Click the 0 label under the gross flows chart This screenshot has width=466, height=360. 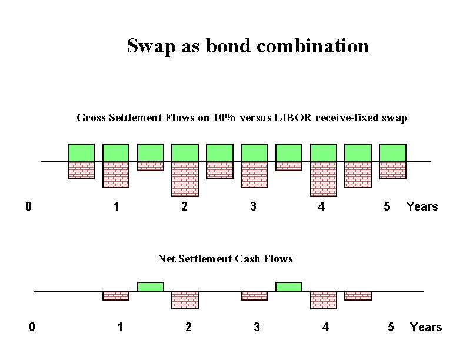[28, 206]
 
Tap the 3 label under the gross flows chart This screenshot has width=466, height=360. [253, 206]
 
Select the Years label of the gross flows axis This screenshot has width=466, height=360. [422, 206]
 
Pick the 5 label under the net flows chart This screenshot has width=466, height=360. [391, 327]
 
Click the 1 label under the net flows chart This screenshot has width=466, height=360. [120, 327]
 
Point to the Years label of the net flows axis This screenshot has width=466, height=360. [425, 327]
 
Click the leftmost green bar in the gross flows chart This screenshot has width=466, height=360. [81, 152]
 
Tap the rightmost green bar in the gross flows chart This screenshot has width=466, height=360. [392, 152]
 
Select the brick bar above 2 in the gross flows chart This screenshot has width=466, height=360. [185, 178]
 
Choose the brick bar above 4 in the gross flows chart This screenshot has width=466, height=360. [324, 178]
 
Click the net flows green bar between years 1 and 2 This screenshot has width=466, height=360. [151, 286]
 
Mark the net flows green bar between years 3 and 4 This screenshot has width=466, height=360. [289, 286]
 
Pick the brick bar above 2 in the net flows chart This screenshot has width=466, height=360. [185, 299]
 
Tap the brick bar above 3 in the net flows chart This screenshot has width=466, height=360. [254, 295]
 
